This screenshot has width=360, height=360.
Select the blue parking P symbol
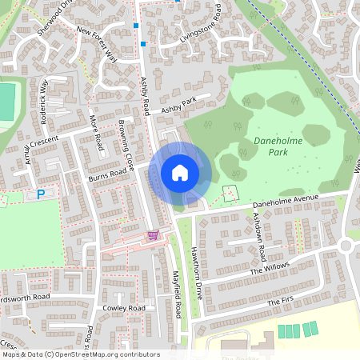click(41, 194)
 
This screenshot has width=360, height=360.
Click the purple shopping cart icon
click(153, 234)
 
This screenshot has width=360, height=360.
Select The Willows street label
click(270, 268)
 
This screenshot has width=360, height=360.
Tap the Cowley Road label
click(123, 308)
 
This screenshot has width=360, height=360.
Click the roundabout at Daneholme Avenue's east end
click(350, 244)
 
